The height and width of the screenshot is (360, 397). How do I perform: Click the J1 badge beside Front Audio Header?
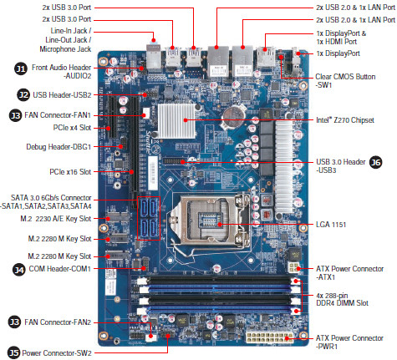(21, 68)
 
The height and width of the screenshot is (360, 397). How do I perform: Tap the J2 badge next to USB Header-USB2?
(23, 95)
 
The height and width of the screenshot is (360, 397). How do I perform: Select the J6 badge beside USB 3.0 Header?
(375, 162)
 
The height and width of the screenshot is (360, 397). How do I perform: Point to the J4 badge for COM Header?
(19, 270)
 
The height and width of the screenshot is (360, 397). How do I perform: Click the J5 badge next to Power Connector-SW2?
(13, 352)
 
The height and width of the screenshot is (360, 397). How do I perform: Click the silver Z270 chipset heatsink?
(176, 120)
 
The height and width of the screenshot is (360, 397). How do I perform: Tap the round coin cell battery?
(234, 118)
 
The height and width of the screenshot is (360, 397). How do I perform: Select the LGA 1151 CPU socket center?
(211, 221)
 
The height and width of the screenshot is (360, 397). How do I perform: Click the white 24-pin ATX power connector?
(269, 337)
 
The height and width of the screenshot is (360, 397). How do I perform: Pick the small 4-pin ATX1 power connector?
(294, 268)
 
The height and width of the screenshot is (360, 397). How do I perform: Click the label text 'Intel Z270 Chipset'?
(345, 120)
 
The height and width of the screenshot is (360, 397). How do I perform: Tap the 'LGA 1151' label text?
(331, 225)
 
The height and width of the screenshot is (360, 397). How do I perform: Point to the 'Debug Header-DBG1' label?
(59, 147)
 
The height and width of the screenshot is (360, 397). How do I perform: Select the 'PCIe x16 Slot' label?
(70, 172)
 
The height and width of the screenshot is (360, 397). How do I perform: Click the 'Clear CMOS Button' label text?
(345, 77)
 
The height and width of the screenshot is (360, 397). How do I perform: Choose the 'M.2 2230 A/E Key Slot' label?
(56, 219)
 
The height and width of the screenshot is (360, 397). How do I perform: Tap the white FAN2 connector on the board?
(151, 337)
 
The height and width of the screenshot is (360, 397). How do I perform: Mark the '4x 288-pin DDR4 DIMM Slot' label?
(342, 299)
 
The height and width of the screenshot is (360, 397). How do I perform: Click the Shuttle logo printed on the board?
(150, 142)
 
